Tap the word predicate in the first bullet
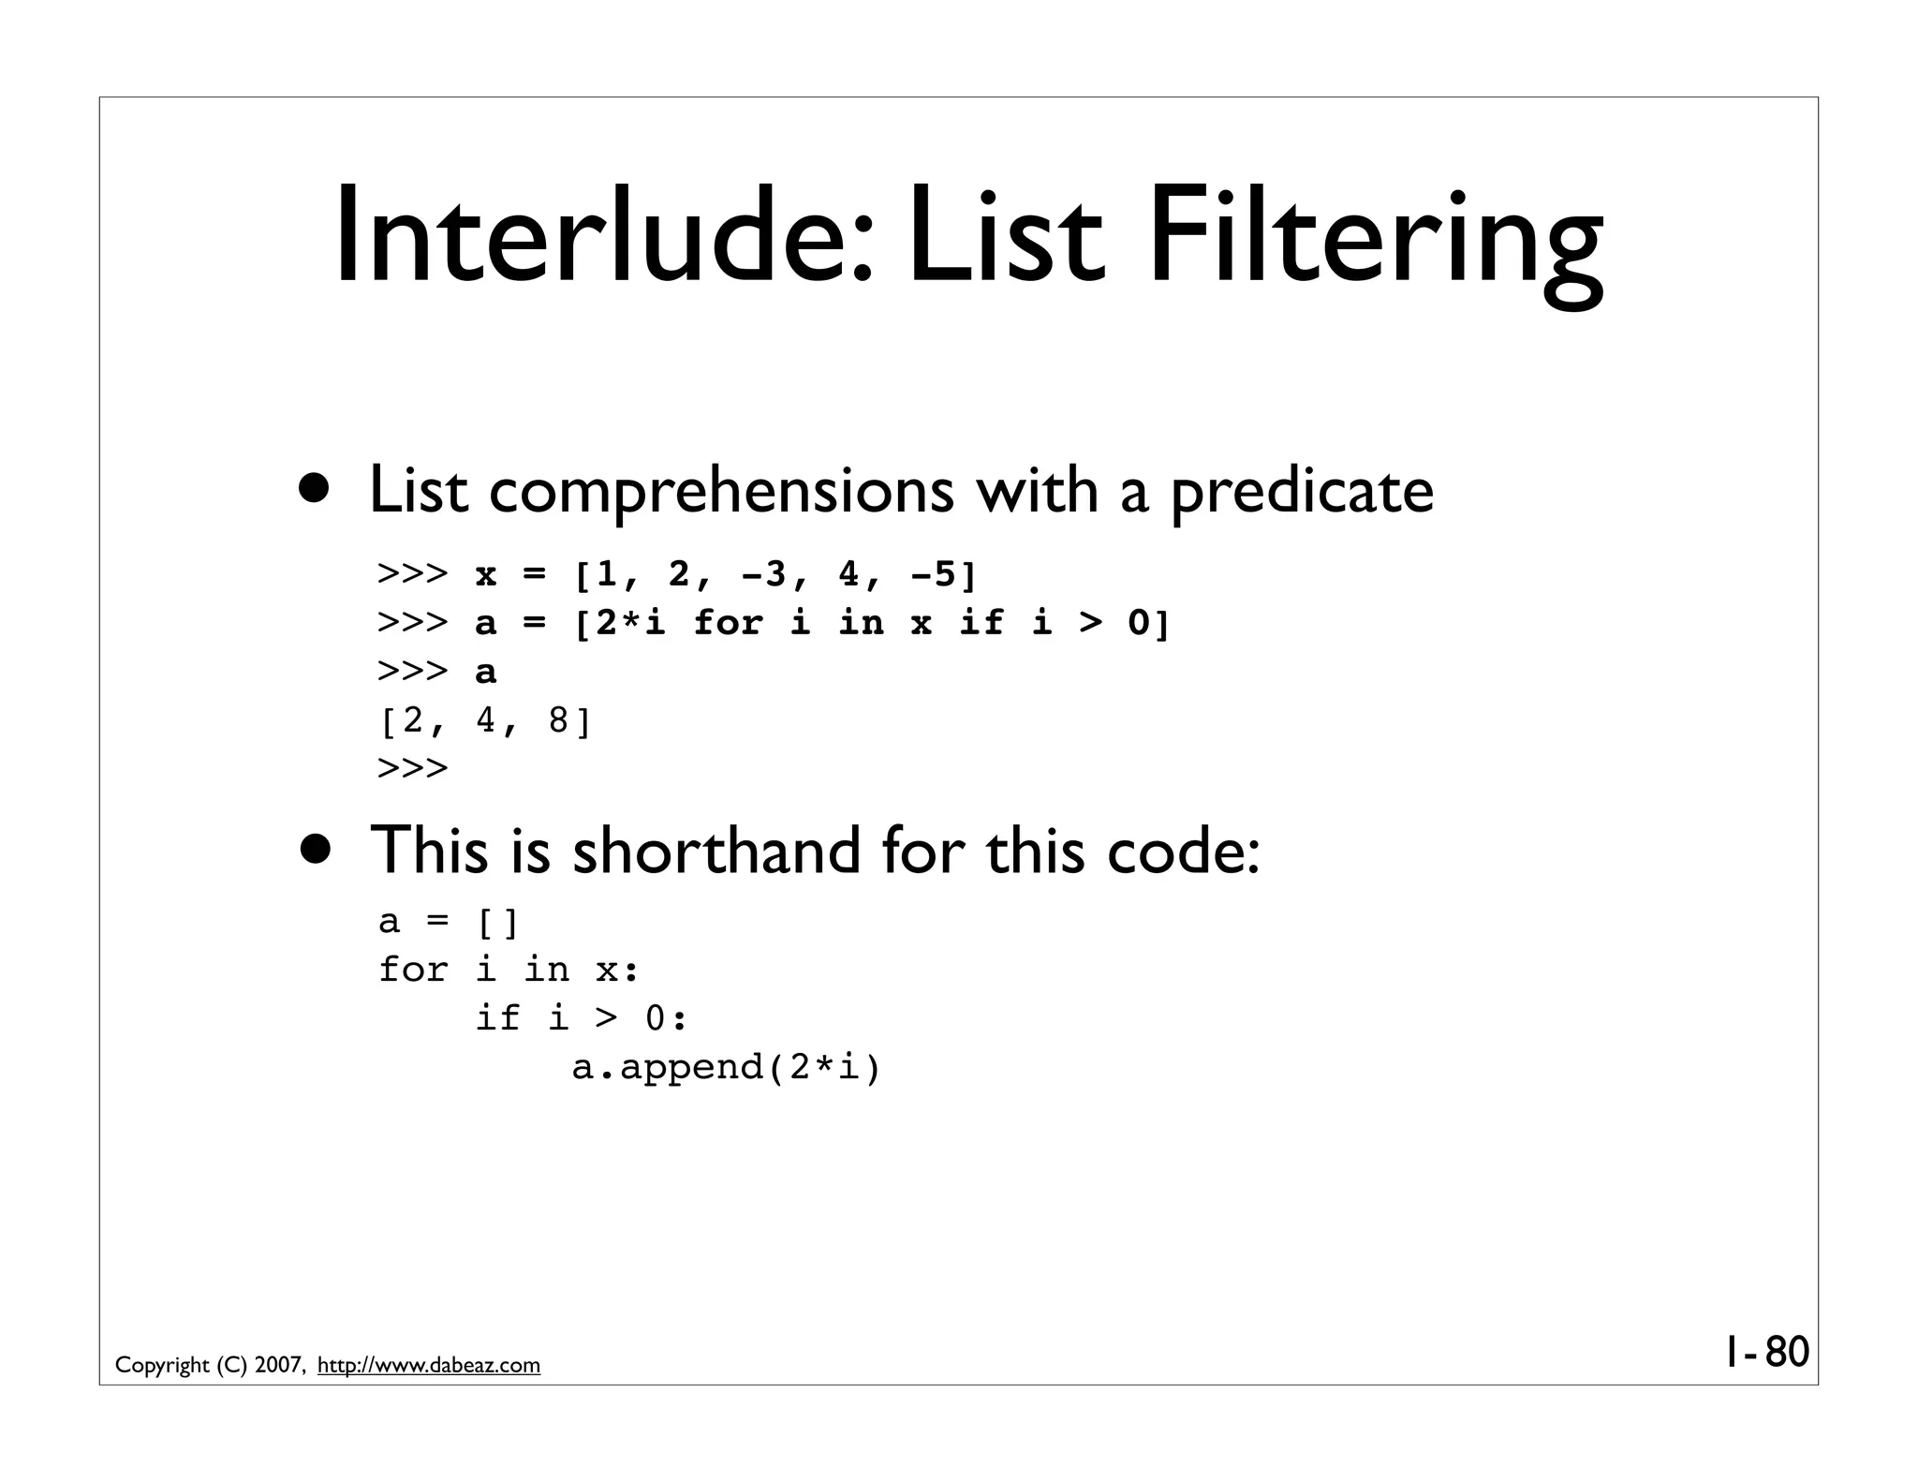coord(1302,491)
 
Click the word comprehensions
coord(721,491)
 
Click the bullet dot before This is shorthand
coord(315,849)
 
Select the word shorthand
coord(716,851)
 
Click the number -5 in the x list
coord(935,574)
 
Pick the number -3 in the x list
coord(764,574)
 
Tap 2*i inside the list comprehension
coord(630,623)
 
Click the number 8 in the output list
coord(559,720)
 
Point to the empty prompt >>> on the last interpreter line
coord(413,769)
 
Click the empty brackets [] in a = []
coord(497,923)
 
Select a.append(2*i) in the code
coord(727,1067)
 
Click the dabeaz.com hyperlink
coord(429,1366)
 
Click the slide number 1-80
coord(1766,1353)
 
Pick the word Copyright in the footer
coord(162,1366)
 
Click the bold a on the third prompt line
coord(486,672)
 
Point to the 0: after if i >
coord(666,1018)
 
